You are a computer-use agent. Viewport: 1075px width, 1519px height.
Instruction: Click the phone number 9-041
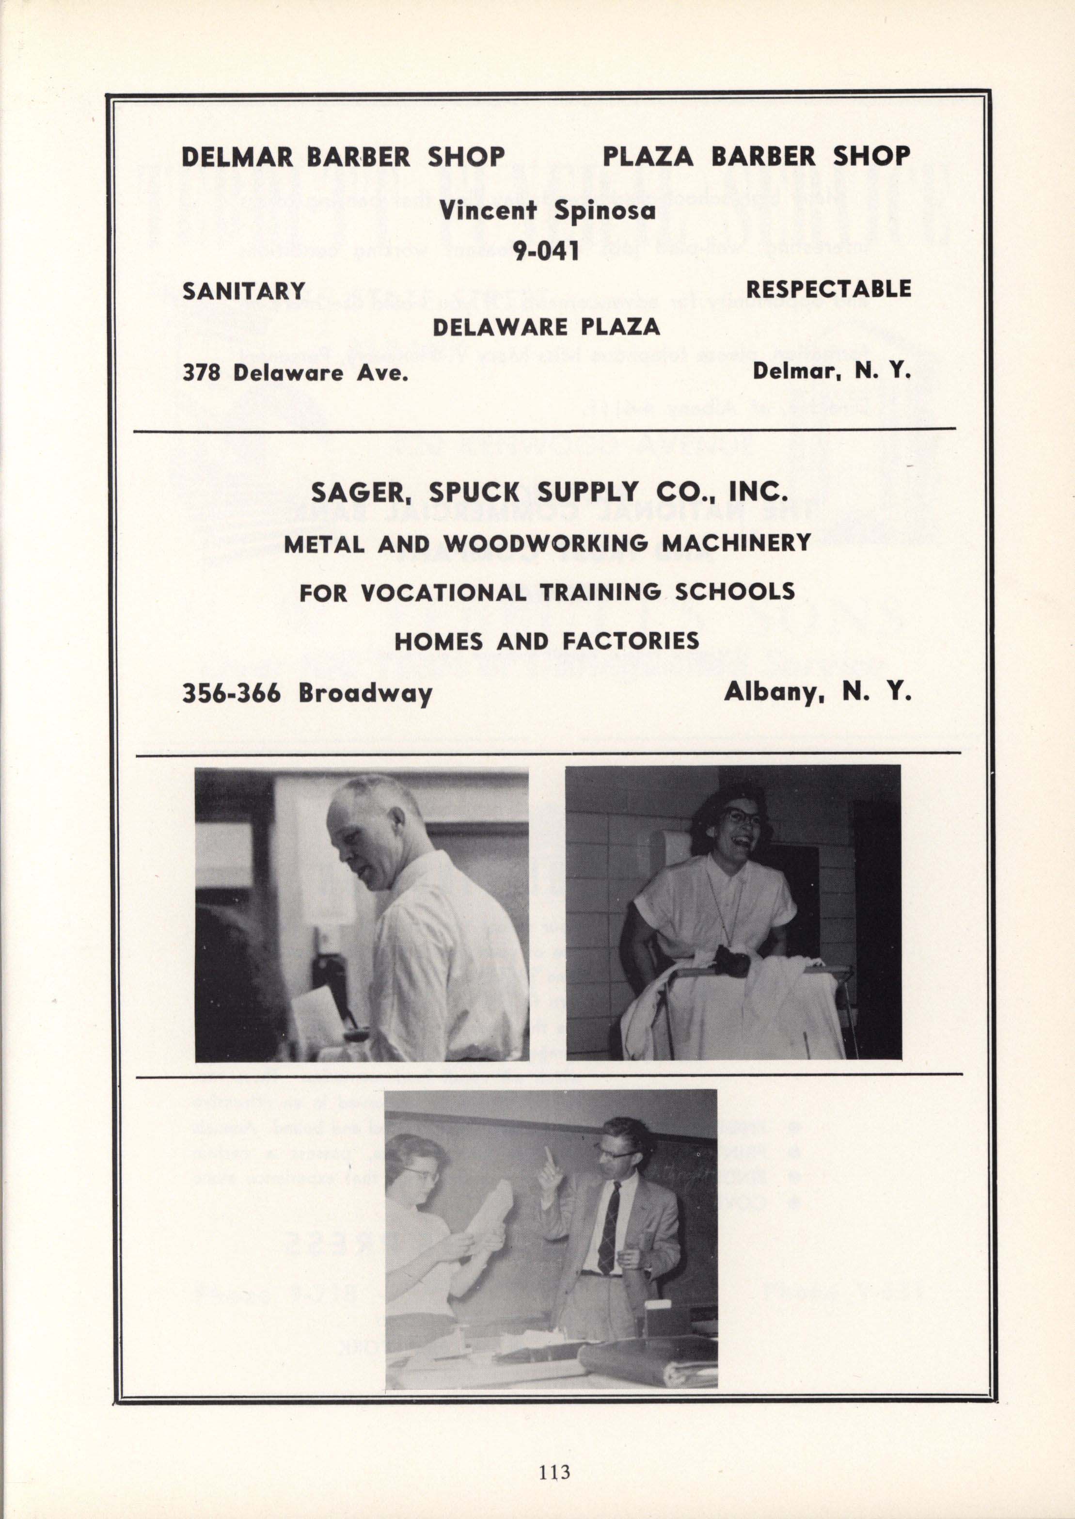(547, 251)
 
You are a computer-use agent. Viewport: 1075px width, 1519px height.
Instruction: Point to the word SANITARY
(244, 291)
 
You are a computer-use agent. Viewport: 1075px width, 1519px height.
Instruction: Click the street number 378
(204, 373)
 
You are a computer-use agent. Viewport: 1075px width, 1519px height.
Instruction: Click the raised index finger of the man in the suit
(547, 1159)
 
